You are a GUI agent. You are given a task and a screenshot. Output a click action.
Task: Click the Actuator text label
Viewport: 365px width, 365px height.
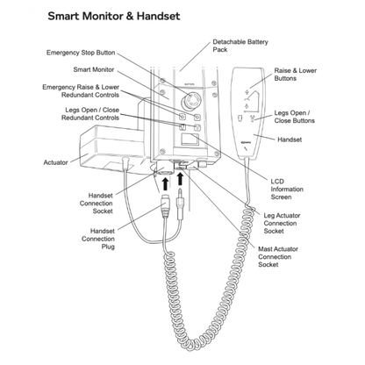click(x=55, y=161)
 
